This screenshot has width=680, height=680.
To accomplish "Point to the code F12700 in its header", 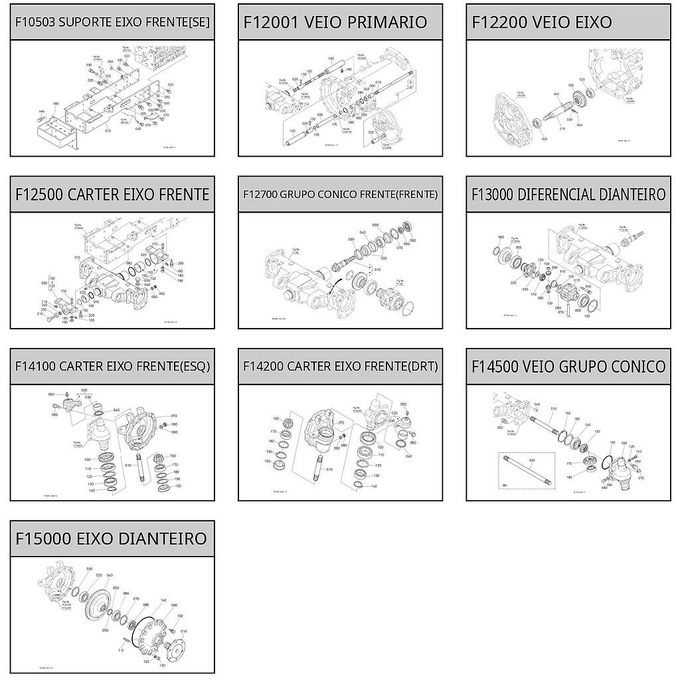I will pyautogui.click(x=260, y=195).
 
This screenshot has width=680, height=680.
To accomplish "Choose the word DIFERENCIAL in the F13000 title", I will pyautogui.click(x=550, y=194).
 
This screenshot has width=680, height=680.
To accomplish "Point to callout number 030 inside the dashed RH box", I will pyautogui.click(x=532, y=460).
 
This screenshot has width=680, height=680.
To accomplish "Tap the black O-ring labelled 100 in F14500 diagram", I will pyautogui.click(x=608, y=458).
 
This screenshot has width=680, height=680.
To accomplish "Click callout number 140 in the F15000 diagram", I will pyautogui.click(x=163, y=600).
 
